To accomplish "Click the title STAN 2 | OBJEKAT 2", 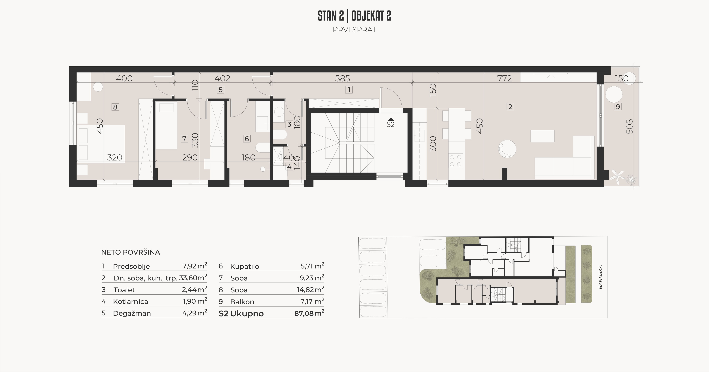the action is point(354,16).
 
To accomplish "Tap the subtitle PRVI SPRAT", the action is point(354,30).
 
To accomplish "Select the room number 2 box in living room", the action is point(510,107).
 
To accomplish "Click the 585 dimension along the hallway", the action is point(343,79).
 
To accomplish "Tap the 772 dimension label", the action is point(504,79).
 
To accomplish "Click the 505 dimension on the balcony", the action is point(629,126).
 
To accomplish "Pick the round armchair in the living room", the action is point(507,149).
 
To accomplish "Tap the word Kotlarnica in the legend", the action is point(131,301).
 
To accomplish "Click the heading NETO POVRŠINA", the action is point(131,252).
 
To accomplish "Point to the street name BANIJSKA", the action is point(601,277).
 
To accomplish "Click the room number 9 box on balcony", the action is point(618,107).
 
